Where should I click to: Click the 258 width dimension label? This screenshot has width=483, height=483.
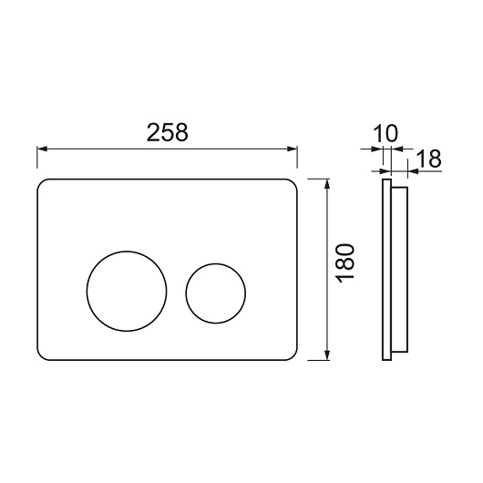click(167, 132)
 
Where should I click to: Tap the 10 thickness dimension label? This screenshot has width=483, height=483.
click(385, 134)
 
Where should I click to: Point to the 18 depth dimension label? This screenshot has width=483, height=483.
click(428, 159)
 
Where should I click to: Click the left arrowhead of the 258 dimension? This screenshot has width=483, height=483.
click(42, 149)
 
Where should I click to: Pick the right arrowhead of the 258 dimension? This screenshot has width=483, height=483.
click(292, 149)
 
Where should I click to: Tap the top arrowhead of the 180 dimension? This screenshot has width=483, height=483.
click(327, 184)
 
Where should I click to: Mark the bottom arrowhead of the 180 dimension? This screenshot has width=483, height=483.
click(327, 355)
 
